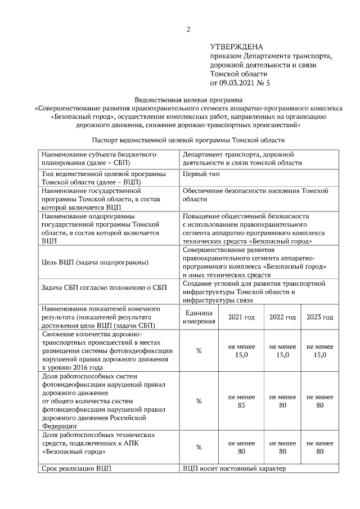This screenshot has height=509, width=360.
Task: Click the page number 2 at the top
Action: [x=188, y=29]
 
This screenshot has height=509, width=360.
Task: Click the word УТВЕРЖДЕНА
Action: [x=236, y=47]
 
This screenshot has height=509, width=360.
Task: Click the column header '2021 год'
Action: [x=241, y=317]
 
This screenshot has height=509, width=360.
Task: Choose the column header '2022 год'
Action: [x=282, y=317]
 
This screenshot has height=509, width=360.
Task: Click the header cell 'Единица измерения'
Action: [x=199, y=317]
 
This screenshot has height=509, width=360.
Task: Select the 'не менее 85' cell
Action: [x=241, y=401]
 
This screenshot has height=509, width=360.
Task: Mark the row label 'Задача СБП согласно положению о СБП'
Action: [x=104, y=288]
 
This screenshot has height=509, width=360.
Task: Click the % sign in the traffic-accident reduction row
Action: [x=199, y=350]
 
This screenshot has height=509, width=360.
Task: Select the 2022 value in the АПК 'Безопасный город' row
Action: [x=282, y=447]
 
